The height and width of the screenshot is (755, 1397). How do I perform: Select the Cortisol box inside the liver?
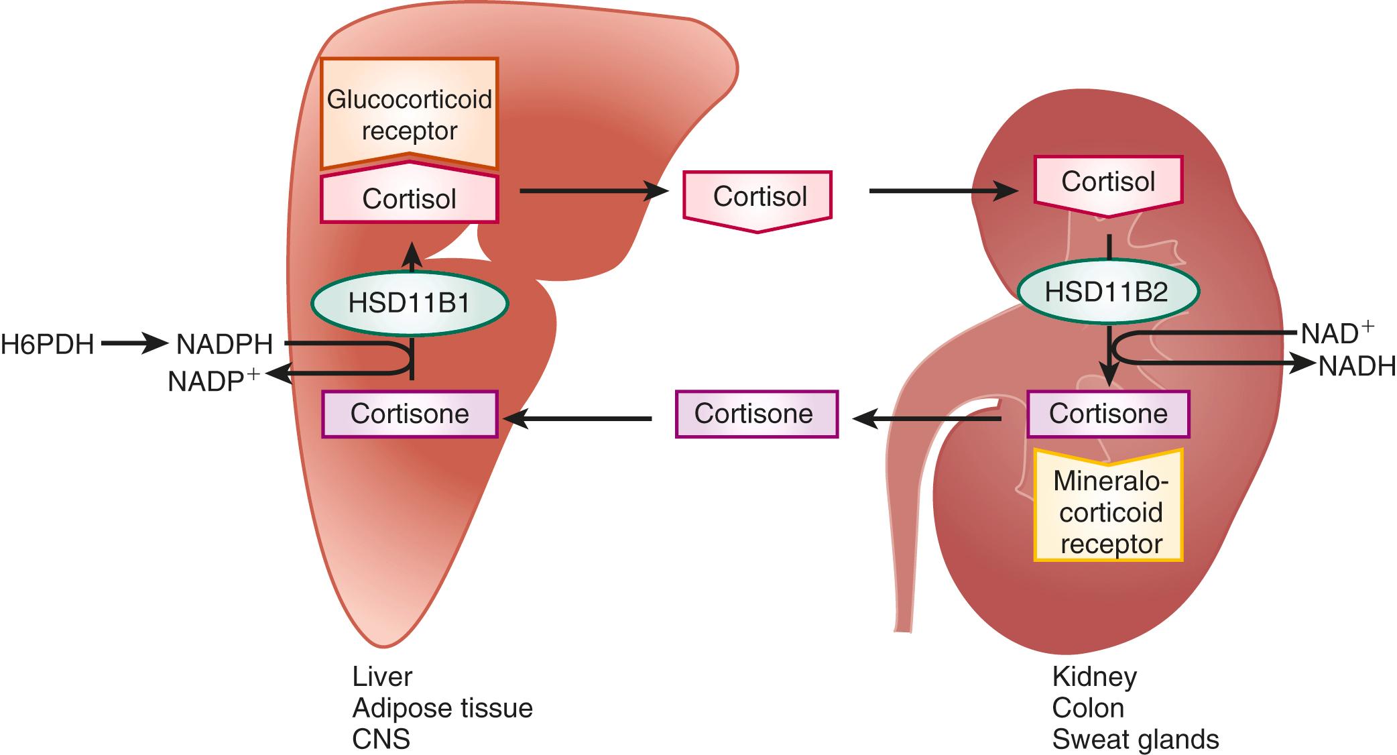click(x=409, y=199)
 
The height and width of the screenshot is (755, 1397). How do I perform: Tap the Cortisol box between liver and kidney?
click(x=759, y=197)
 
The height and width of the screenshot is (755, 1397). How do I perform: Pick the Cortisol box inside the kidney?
click(x=1108, y=182)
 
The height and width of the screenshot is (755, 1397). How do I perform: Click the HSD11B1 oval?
click(x=409, y=303)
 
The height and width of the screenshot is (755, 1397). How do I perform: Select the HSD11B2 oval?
click(x=1107, y=292)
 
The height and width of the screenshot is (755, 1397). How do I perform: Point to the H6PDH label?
click(x=47, y=345)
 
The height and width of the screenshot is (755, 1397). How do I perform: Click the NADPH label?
click(x=225, y=345)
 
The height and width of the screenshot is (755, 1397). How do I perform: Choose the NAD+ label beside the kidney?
click(x=1337, y=333)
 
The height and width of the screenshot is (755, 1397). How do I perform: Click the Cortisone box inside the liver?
click(x=410, y=414)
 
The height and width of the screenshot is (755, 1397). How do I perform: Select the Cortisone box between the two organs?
click(x=755, y=414)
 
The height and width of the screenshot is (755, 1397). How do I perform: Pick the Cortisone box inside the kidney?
click(x=1108, y=414)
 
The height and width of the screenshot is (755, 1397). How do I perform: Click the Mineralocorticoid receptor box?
click(x=1109, y=512)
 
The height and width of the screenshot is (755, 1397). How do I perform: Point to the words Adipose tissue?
click(x=442, y=708)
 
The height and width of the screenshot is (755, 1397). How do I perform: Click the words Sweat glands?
click(x=1135, y=740)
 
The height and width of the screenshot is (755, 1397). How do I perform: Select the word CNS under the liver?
click(x=381, y=740)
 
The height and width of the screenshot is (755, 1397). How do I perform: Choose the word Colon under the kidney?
click(x=1087, y=708)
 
